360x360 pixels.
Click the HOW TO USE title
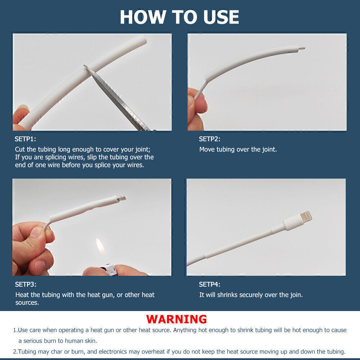(179, 17)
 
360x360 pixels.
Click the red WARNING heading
(176, 319)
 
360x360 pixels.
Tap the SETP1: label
(25, 139)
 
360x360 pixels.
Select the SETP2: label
(210, 139)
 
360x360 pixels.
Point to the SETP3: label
(26, 284)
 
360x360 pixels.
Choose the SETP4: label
(210, 284)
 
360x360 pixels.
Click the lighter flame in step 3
(100, 248)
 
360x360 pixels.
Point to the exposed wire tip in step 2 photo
(302, 48)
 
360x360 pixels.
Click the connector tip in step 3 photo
(122, 198)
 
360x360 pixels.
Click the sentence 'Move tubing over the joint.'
(238, 149)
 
